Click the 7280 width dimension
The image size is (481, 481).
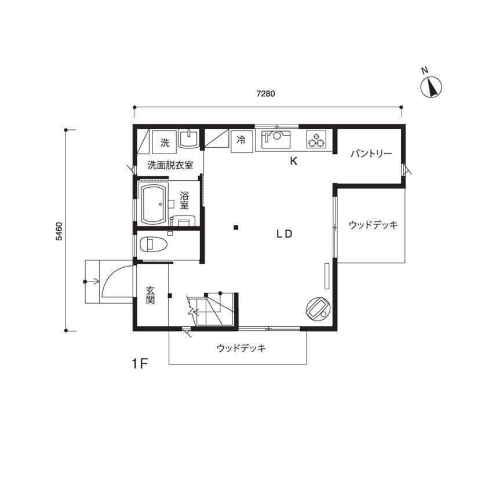tap(265, 93)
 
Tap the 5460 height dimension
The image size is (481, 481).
tap(59, 231)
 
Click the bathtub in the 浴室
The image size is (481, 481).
tap(154, 203)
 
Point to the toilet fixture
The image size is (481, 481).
tap(154, 245)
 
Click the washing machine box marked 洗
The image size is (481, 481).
tap(165, 143)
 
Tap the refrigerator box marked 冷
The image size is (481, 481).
tap(241, 141)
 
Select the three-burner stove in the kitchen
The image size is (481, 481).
tap(316, 139)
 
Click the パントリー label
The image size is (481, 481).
tap(371, 153)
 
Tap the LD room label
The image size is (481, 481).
tap(285, 234)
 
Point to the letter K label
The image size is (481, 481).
tap(294, 161)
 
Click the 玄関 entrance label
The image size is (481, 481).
tap(150, 295)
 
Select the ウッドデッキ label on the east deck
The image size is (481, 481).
tap(373, 225)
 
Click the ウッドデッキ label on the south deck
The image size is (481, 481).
tap(241, 348)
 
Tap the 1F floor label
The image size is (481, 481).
tap(140, 364)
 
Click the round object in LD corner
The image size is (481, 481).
tap(318, 309)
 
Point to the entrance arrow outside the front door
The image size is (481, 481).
tap(92, 281)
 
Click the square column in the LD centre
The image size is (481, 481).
tap(236, 227)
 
